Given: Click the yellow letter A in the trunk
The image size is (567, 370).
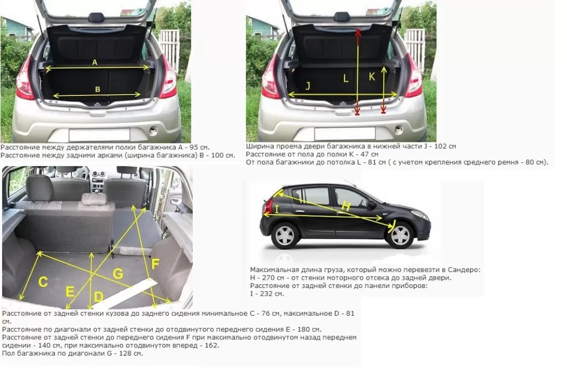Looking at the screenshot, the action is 95,62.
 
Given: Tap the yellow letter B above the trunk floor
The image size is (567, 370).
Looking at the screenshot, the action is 97,89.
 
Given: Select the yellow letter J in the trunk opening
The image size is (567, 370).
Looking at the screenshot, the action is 308,86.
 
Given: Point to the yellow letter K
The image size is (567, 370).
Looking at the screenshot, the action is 372,76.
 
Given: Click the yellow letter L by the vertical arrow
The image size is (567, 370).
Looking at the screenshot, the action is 346,79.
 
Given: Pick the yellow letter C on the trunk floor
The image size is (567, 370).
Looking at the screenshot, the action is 43,282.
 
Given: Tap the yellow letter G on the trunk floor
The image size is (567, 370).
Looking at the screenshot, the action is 118,274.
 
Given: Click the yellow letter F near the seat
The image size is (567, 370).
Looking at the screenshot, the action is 155,264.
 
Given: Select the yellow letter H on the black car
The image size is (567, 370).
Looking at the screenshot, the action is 346,206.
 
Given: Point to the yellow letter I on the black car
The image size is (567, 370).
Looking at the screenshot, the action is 277,209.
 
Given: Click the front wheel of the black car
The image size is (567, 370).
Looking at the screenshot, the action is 400,235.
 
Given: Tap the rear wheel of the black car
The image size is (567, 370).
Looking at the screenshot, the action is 286,235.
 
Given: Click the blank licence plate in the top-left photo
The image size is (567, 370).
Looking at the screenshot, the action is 99,135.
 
